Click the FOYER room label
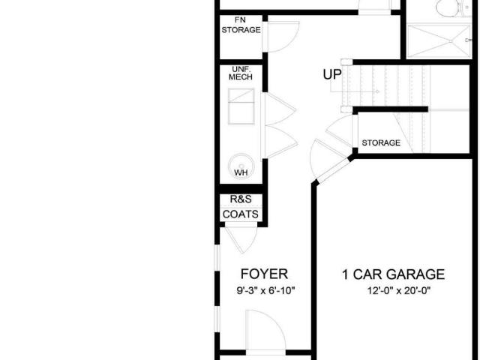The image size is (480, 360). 264,274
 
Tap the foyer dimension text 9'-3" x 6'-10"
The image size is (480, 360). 265,290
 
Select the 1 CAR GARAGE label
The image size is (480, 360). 393,274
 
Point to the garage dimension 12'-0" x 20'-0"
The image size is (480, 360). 399,290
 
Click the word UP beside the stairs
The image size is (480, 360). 332,74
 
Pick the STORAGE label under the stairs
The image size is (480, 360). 381,142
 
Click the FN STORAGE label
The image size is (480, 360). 241,25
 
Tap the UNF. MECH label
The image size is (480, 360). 241,73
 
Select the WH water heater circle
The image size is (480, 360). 241,166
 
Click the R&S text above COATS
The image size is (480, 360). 241,199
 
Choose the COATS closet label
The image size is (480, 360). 241,214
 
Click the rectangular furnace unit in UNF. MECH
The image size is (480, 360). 241,106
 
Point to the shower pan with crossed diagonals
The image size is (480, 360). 439,41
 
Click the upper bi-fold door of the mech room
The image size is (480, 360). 280,109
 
